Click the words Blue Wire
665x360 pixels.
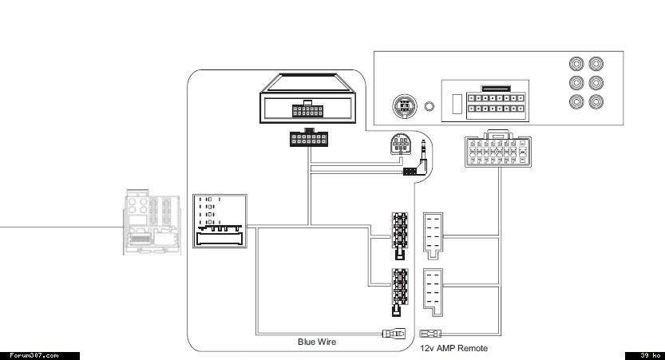[317, 342]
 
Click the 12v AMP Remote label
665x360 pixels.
[453, 348]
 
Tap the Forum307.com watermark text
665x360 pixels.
[34, 355]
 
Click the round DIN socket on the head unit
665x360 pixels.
[403, 105]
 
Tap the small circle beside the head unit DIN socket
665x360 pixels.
[430, 106]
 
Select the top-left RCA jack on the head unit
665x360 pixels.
[576, 64]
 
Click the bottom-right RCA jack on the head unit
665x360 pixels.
[596, 101]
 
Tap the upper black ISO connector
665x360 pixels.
[399, 235]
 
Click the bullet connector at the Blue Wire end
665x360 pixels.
[392, 334]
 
